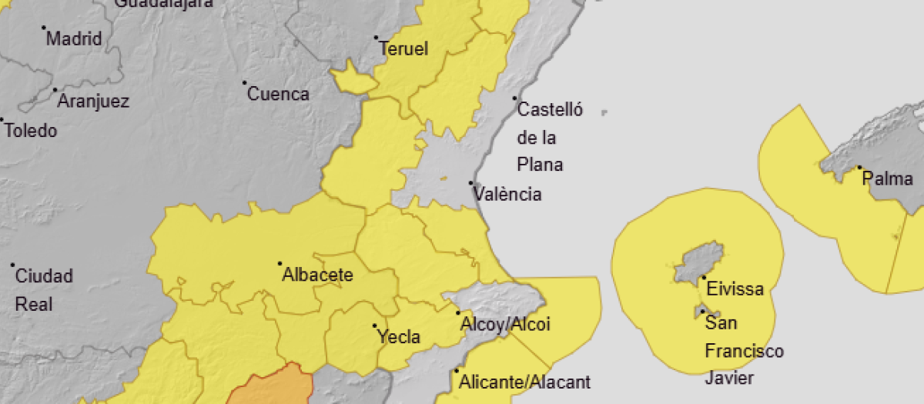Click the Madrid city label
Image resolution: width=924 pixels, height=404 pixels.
tap(75, 38)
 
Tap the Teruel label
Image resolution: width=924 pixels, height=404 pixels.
tap(403, 48)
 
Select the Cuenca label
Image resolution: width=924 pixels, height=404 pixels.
tap(278, 94)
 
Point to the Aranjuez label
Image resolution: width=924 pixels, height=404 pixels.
tap(94, 101)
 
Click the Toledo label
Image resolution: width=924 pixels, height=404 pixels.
tap(31, 131)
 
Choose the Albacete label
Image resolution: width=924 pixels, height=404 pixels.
tap(318, 275)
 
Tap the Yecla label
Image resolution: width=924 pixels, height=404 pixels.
tap(399, 337)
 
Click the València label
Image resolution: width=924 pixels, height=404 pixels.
tap(507, 194)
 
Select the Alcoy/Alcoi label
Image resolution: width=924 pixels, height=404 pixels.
tap(505, 325)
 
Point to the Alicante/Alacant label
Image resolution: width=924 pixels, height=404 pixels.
tap(524, 381)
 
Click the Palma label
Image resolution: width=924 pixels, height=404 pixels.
tap(888, 179)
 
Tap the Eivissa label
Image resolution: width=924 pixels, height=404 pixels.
tap(735, 289)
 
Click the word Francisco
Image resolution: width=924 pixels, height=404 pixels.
tap(744, 352)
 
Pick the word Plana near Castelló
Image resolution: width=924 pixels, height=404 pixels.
tap(540, 165)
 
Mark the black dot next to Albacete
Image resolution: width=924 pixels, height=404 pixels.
tap(280, 263)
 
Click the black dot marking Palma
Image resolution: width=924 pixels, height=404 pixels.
tap(859, 168)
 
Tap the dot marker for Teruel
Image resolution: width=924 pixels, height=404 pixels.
tap(377, 38)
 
